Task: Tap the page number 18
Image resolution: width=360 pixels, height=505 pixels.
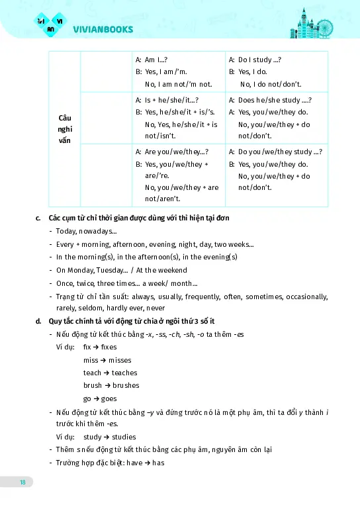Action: coord(22,482)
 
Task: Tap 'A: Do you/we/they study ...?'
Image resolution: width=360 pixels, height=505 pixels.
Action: coord(275,152)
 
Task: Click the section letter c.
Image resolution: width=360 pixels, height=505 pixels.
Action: coord(38,218)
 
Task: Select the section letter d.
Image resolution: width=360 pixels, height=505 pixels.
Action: coord(38,321)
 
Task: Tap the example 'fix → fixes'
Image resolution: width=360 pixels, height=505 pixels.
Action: coord(99,347)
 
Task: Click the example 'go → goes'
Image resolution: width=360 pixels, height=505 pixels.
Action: coord(100,398)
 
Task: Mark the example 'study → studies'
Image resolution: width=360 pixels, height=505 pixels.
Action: coord(109,437)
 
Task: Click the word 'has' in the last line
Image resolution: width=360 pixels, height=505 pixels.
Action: coord(157,463)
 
